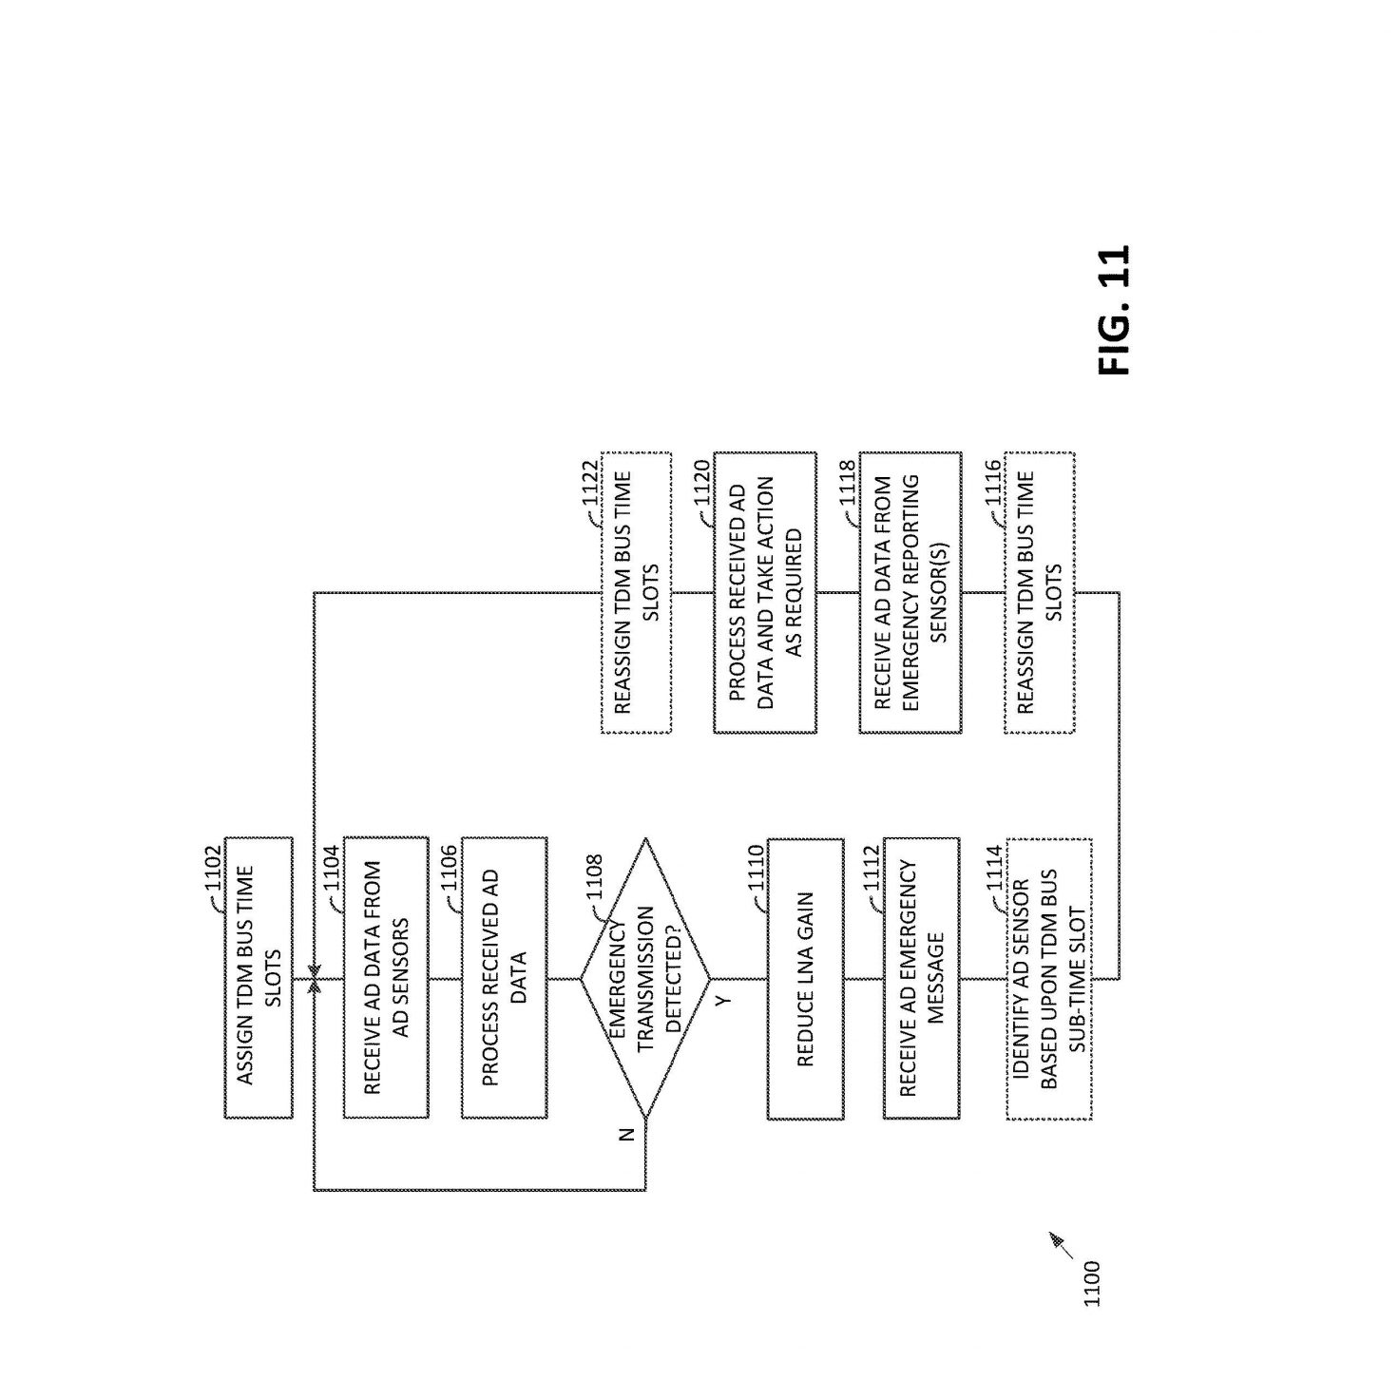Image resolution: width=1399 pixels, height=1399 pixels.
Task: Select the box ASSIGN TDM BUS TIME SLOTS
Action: [x=259, y=977]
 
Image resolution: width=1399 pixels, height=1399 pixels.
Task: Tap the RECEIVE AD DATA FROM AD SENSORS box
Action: [x=386, y=977]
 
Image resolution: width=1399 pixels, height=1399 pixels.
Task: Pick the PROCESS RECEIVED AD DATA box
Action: [x=504, y=977]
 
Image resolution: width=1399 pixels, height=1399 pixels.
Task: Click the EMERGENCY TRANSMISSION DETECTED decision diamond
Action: [x=644, y=977]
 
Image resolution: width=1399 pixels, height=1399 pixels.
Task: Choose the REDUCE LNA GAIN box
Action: [x=805, y=979]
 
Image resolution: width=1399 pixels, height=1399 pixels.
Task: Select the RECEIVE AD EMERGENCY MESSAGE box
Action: [x=921, y=979]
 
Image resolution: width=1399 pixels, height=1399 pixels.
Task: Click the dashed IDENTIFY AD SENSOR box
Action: [x=1049, y=979]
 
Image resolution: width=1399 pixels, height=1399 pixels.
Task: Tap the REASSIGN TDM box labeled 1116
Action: [x=1040, y=592]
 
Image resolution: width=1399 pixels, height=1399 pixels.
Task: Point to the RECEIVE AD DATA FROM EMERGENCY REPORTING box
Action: [x=910, y=592]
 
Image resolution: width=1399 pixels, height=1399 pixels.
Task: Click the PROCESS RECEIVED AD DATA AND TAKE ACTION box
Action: [x=764, y=592]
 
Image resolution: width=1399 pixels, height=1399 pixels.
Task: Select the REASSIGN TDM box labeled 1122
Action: [x=636, y=592]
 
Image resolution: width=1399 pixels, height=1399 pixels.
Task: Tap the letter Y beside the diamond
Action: [x=722, y=1002]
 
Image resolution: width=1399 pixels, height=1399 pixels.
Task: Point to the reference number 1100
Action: [x=1092, y=1305]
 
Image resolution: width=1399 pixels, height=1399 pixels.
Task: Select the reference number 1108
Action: [x=594, y=876]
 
